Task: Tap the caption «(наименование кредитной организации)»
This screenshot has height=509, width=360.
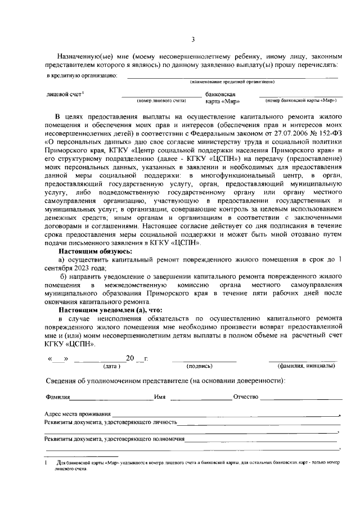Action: tap(232, 82)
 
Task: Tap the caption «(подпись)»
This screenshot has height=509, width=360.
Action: tap(199, 366)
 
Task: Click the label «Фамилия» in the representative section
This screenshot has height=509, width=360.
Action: tap(57, 397)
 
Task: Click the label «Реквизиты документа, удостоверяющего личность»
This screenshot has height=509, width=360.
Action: tap(111, 422)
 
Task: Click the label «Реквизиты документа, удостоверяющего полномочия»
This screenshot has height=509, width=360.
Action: tap(115, 439)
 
